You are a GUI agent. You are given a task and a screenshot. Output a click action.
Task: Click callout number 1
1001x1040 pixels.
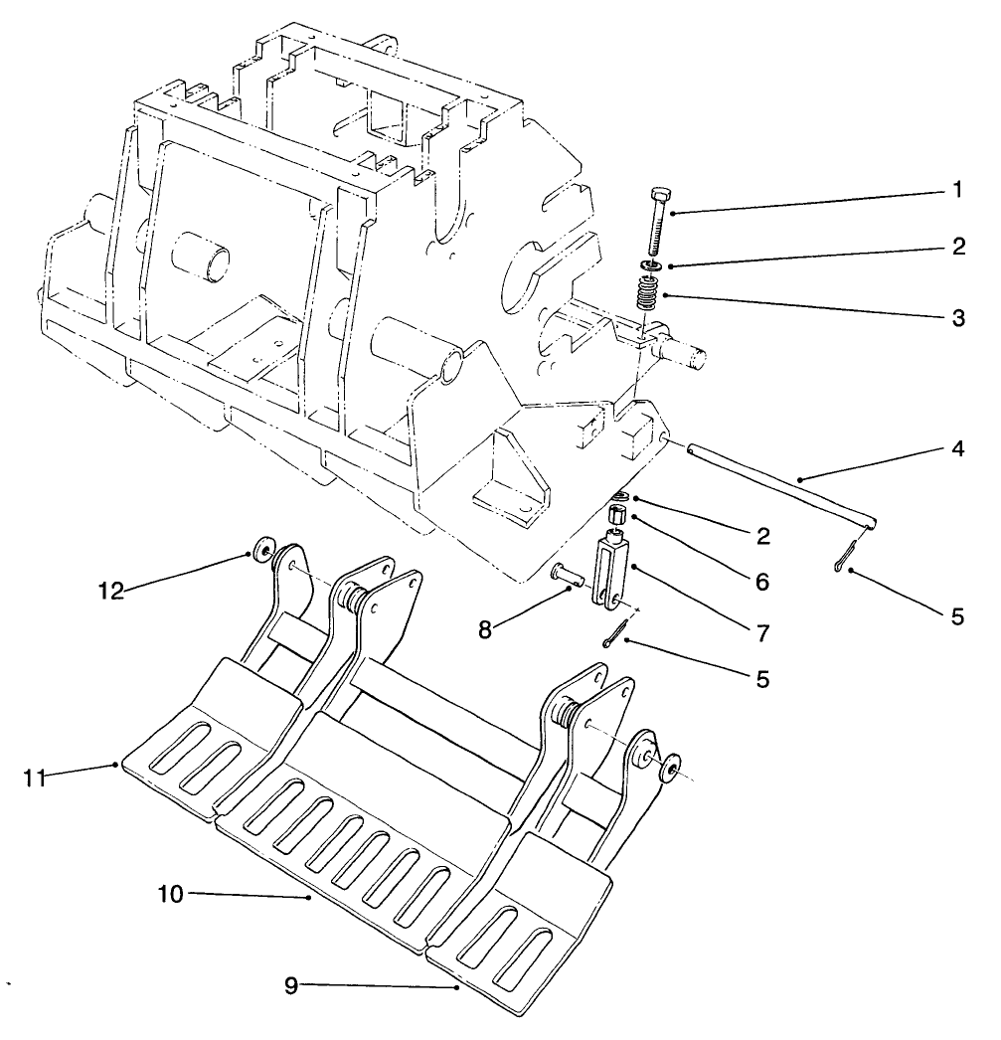coord(956,190)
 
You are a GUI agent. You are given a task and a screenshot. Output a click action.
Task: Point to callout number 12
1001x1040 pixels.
coord(111,591)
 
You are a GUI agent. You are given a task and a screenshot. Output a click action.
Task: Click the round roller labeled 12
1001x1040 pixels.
coord(263,551)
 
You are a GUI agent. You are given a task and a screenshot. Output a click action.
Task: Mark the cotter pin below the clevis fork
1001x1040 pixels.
coord(615,634)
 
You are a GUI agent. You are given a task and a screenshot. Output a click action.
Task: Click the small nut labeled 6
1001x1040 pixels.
coord(616,515)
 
